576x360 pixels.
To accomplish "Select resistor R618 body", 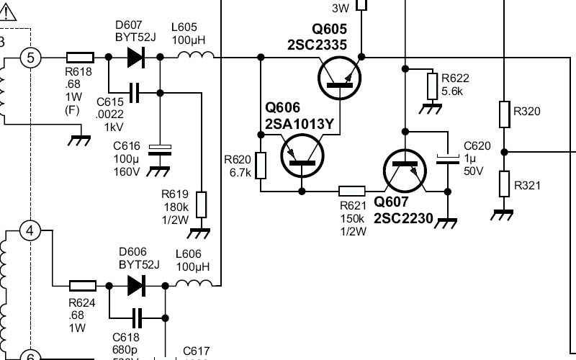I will pos(79,57).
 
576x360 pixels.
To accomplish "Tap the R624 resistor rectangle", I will pos(82,286).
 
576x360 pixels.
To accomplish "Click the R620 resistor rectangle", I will pos(261,165).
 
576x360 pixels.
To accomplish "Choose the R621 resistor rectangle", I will pos(352,192).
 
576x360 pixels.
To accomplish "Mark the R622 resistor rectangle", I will pos(432,86).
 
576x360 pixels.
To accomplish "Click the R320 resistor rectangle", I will pos(504,112).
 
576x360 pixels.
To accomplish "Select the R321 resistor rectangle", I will pos(504,184).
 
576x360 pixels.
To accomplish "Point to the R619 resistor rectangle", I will pos(202,204).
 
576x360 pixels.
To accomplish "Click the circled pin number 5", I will pos(30,57).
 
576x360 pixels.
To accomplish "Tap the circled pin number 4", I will pos(30,231).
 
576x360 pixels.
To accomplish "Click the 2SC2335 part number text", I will pos(318,45).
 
